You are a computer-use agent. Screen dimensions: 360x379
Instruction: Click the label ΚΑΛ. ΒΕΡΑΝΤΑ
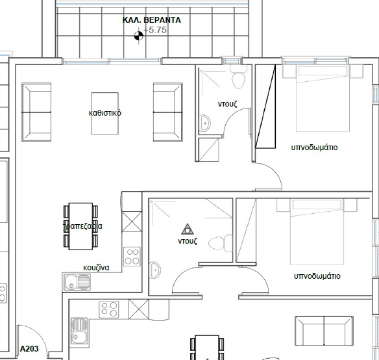[152, 20]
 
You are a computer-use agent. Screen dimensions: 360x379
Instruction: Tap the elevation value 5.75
[156, 30]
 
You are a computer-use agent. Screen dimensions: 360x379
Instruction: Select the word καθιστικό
[105, 113]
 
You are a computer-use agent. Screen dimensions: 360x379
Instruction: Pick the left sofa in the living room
[36, 112]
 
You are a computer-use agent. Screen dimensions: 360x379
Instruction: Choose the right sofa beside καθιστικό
[167, 112]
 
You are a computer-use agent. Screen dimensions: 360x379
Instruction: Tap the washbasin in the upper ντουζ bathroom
[204, 122]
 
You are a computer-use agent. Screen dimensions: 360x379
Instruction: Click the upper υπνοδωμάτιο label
[315, 148]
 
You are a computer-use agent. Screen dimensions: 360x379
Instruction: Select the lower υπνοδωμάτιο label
[317, 276]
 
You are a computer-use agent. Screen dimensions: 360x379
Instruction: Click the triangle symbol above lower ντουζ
[188, 228]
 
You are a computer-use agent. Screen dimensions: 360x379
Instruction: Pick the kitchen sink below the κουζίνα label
[77, 282]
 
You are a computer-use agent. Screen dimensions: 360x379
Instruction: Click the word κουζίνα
[96, 267]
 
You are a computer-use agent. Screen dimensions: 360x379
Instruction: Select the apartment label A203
[30, 349]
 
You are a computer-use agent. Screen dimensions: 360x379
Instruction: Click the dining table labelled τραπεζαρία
[81, 225]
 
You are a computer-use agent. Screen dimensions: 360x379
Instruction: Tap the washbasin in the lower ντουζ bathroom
[156, 270]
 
